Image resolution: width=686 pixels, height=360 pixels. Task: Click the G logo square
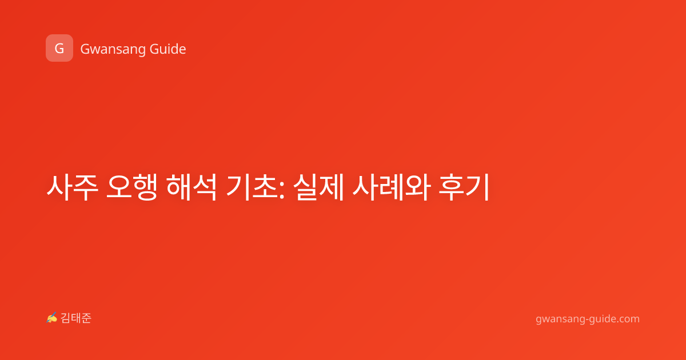[x=59, y=48]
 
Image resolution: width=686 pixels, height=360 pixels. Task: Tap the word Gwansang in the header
[x=113, y=49]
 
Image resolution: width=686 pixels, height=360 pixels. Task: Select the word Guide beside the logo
[x=168, y=49]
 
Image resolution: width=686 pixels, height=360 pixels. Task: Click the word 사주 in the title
[x=72, y=187]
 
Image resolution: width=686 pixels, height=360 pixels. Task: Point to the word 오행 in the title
[x=132, y=187]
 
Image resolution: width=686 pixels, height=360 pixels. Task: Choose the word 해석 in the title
[x=192, y=187]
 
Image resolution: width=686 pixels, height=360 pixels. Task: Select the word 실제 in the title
[x=318, y=187]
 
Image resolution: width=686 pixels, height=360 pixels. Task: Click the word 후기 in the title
[x=464, y=187]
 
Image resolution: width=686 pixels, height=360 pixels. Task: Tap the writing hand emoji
[x=51, y=318]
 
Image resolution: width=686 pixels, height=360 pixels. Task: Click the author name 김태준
[x=76, y=318]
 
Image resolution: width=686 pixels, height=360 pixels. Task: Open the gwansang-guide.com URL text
[x=588, y=319]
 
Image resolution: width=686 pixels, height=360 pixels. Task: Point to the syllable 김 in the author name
[x=66, y=318]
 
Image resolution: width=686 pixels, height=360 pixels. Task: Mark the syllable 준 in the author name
[x=86, y=318]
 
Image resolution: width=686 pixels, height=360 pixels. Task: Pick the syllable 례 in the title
[x=390, y=187]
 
